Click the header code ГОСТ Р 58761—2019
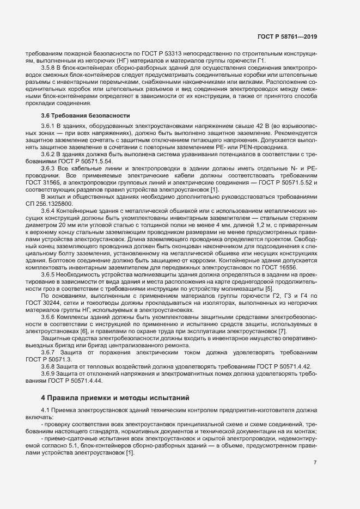pyautogui.click(x=288, y=36)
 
